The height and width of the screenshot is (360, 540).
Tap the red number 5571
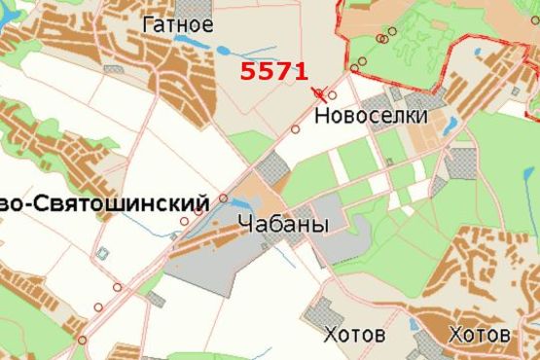tap(274, 71)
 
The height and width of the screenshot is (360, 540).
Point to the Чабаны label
tap(283, 225)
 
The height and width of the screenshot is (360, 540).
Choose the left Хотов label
tap(355, 336)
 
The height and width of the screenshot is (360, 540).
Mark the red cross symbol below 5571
tap(319, 93)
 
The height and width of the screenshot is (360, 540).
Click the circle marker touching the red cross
tap(332, 95)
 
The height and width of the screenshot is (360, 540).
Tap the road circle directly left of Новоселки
tap(296, 128)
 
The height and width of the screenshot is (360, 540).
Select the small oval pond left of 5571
tap(223, 51)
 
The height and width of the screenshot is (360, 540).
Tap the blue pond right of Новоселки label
tap(452, 125)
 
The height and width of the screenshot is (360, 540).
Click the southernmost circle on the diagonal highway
tap(83, 340)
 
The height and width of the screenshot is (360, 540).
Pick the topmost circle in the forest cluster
tap(391, 30)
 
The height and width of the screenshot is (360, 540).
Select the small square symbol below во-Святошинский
tap(102, 253)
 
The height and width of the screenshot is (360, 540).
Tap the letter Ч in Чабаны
tap(244, 225)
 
